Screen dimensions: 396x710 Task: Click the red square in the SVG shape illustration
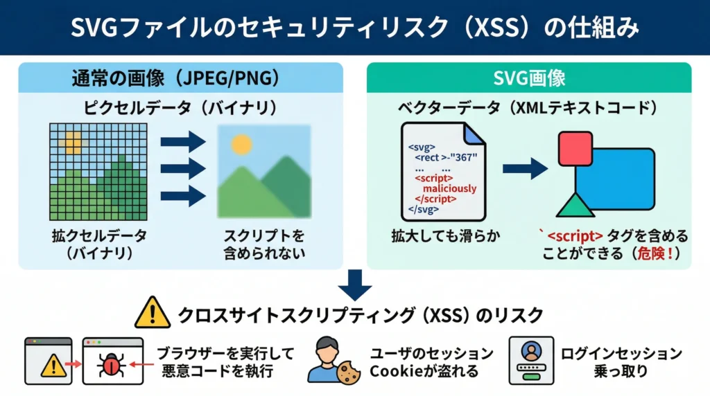pos(575,149)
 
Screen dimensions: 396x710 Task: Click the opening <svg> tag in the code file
pos(422,147)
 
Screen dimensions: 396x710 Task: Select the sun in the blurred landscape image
pos(241,145)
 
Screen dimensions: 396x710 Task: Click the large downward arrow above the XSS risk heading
pos(355,285)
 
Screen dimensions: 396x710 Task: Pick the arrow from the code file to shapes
pos(525,168)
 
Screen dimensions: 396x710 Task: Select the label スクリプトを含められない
pos(263,244)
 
